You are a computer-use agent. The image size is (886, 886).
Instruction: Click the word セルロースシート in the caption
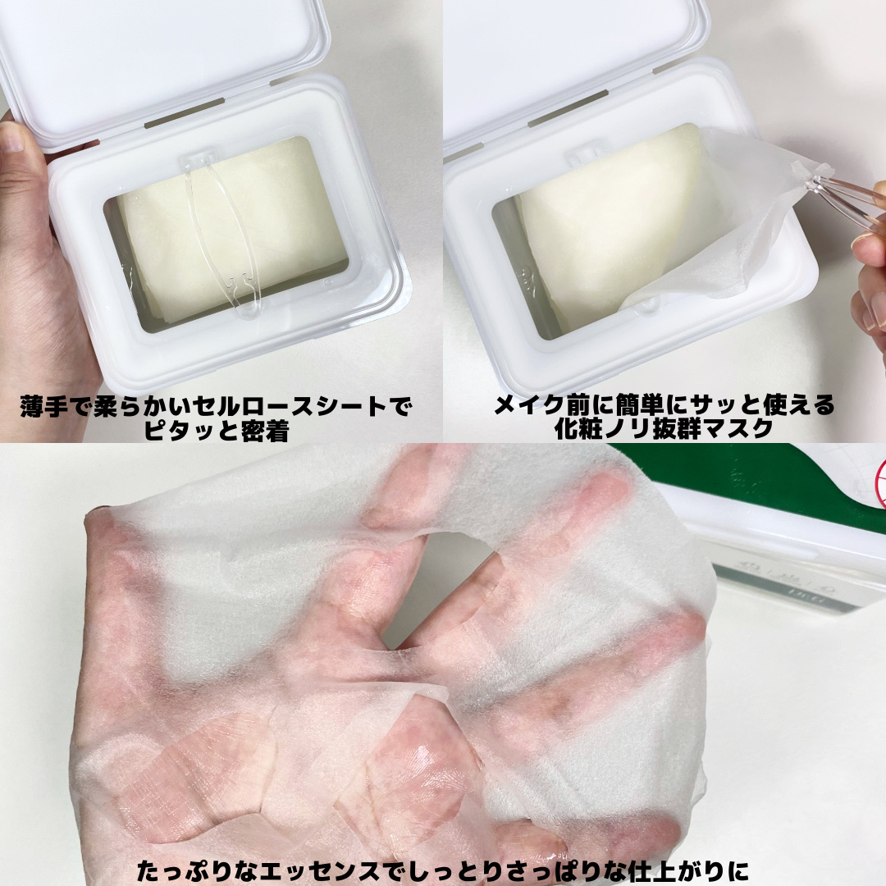(290, 407)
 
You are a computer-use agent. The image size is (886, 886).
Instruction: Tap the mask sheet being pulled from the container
(729, 226)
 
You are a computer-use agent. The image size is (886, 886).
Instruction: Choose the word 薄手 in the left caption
(43, 407)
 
